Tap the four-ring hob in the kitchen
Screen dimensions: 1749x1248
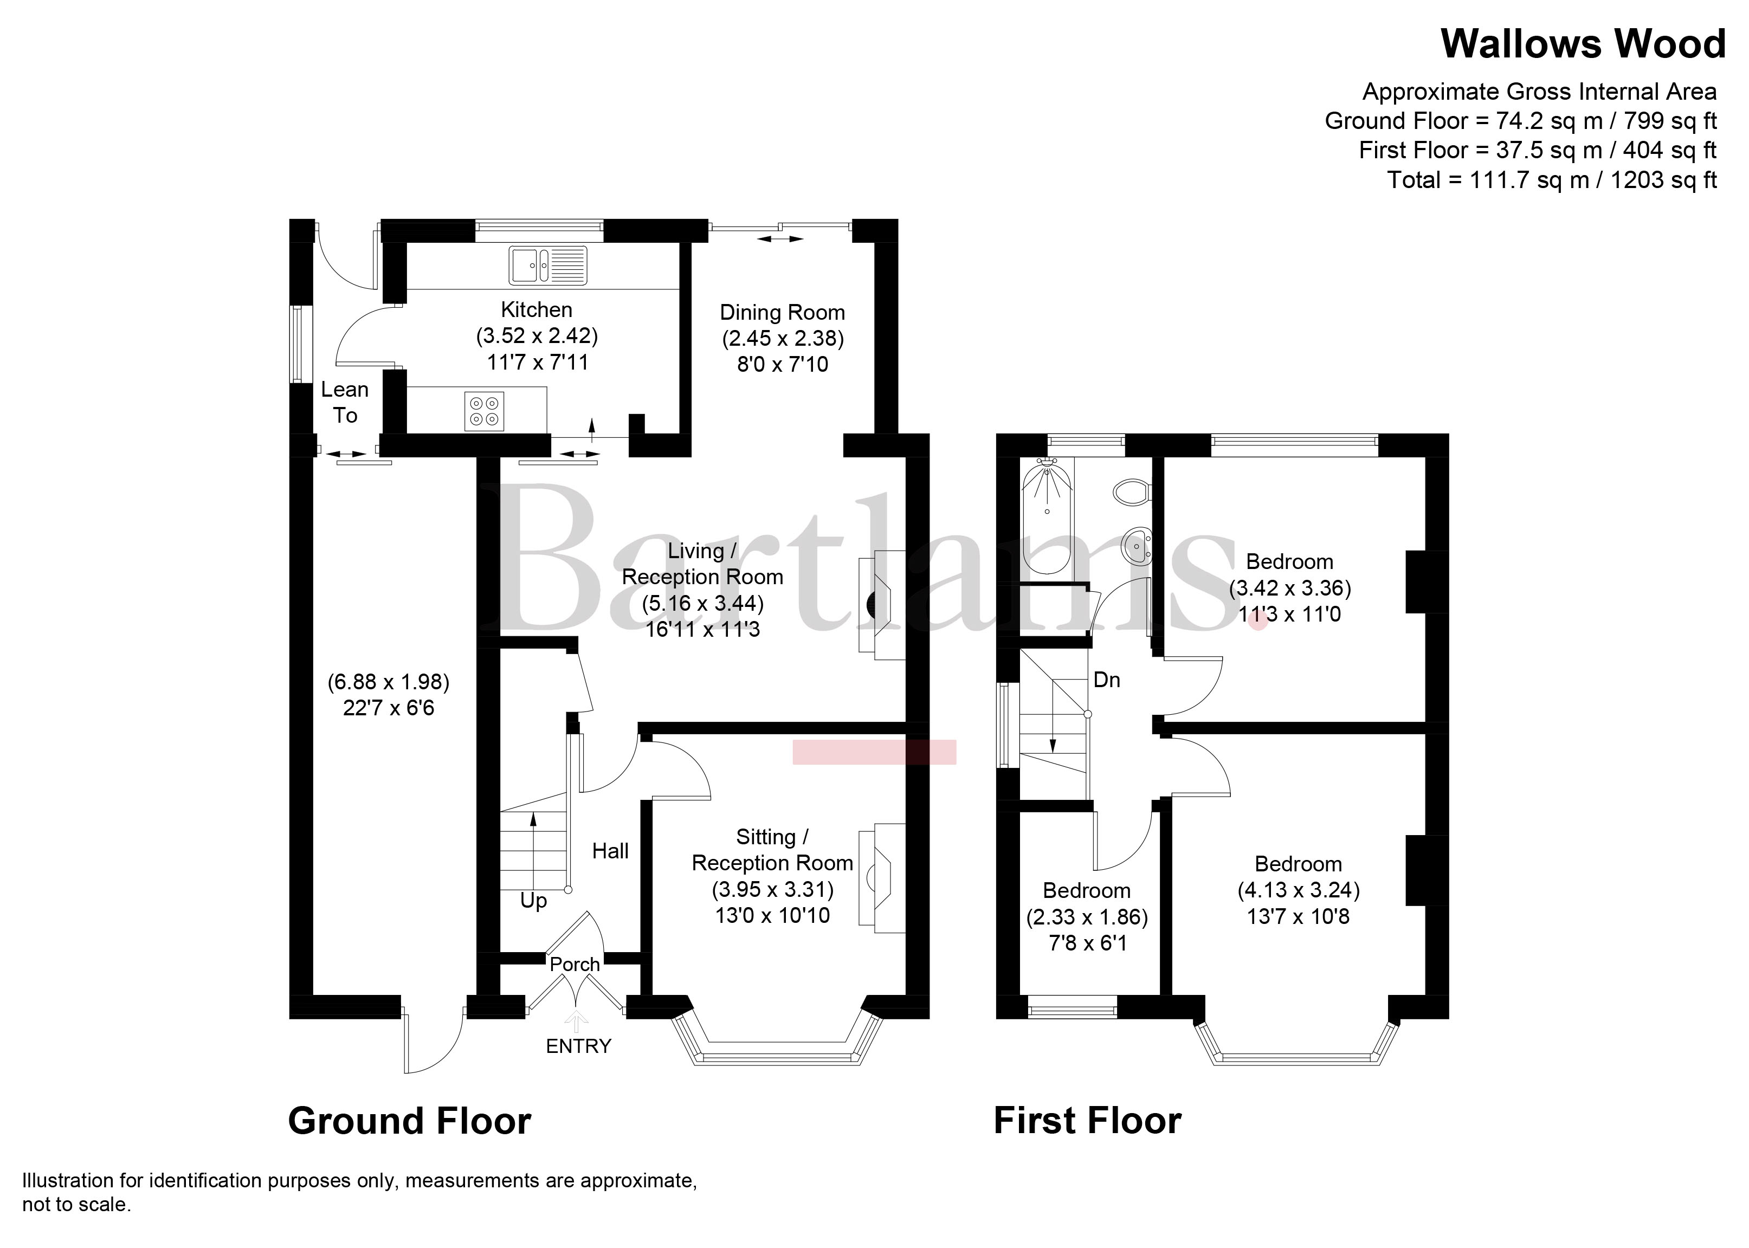pyautogui.click(x=484, y=411)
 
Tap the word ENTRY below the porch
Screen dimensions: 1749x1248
pyautogui.click(x=579, y=1046)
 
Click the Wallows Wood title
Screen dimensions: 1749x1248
pyautogui.click(x=1583, y=44)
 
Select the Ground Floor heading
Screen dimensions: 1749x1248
pyautogui.click(x=410, y=1121)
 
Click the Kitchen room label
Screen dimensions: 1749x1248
pyautogui.click(x=537, y=309)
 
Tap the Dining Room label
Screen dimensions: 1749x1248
pyautogui.click(x=782, y=313)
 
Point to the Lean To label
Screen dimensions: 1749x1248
pyautogui.click(x=345, y=402)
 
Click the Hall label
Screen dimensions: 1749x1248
pyautogui.click(x=610, y=851)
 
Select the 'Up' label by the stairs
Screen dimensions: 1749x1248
pyautogui.click(x=533, y=901)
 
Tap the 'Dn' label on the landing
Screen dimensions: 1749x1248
pyautogui.click(x=1107, y=680)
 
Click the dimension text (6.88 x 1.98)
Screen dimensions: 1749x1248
pyautogui.click(x=389, y=682)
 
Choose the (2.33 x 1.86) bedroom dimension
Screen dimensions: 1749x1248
pyautogui.click(x=1087, y=917)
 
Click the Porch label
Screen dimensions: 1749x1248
pyautogui.click(x=575, y=965)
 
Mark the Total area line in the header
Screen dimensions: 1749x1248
pyautogui.click(x=1552, y=180)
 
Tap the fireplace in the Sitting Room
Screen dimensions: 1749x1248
pyautogui.click(x=882, y=877)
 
